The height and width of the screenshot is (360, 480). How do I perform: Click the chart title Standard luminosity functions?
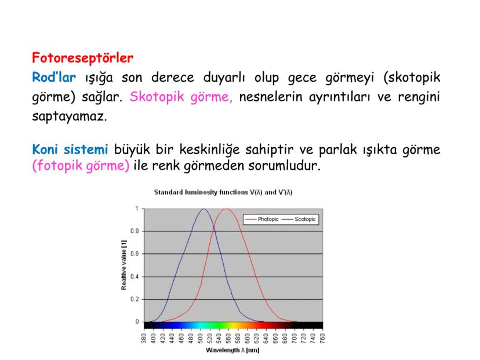click(x=226, y=192)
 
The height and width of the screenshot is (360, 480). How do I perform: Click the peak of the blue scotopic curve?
click(x=203, y=209)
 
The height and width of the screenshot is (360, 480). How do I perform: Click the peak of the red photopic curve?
click(x=227, y=209)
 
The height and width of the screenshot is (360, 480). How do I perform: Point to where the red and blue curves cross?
click(x=215, y=226)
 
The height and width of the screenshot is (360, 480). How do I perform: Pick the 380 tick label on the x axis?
click(x=143, y=338)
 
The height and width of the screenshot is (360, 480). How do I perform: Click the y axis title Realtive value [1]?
click(x=123, y=265)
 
